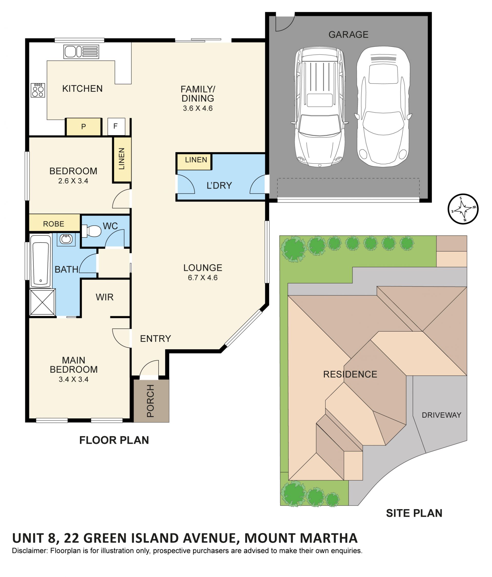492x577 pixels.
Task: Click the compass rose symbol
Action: [x=463, y=208]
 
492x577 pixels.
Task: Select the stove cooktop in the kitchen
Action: [x=38, y=90]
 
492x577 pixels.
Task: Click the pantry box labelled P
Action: [x=83, y=127]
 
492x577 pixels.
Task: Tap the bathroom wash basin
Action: [x=66, y=239]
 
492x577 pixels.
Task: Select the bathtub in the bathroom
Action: [x=41, y=261]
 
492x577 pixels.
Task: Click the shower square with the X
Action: [x=43, y=302]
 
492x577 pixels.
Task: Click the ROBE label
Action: [x=54, y=224]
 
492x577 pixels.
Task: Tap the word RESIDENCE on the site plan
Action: [x=350, y=374]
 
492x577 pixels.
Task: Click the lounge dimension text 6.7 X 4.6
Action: [x=203, y=277]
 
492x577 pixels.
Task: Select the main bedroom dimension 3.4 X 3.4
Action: [x=74, y=379]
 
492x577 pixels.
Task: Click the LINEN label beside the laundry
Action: [x=196, y=160]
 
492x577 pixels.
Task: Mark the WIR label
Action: [x=105, y=297]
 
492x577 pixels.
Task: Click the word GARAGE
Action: [x=348, y=35]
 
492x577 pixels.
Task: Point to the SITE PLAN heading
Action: [x=414, y=513]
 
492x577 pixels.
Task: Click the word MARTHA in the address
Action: [x=327, y=538]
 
